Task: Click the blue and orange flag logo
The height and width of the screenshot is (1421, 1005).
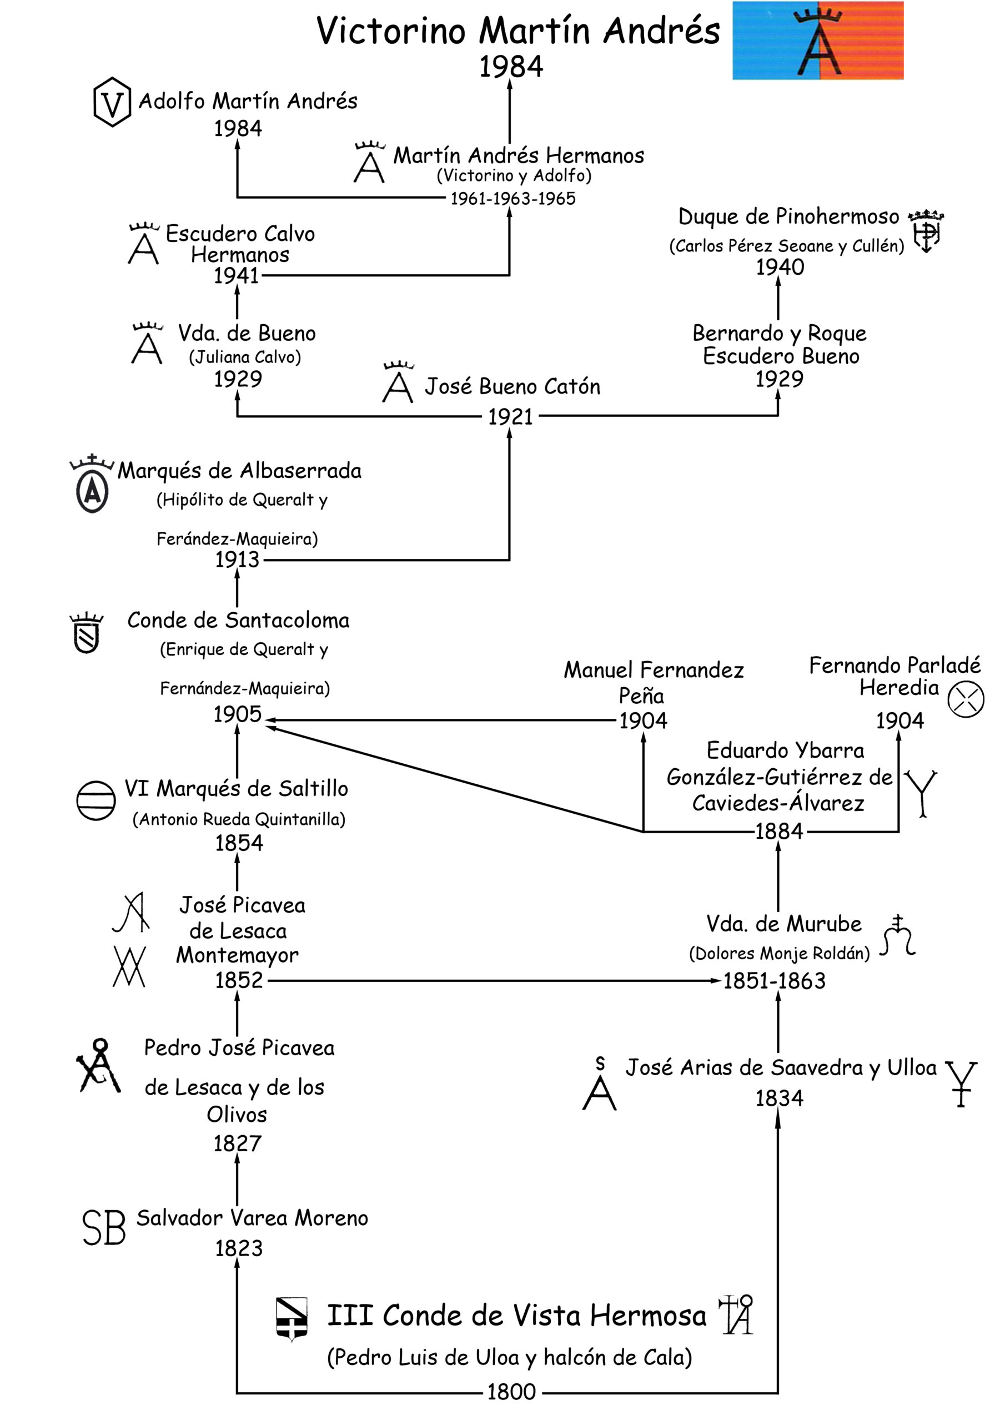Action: coord(817,40)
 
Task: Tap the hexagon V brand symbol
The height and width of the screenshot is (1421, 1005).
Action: coord(112,102)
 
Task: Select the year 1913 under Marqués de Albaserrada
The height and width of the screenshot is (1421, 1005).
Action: coord(237,560)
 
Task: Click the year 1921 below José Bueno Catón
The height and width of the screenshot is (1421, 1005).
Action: coord(510,416)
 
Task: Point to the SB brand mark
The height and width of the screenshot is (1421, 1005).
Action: coord(104,1228)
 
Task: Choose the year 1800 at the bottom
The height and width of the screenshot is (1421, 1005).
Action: coord(511,1392)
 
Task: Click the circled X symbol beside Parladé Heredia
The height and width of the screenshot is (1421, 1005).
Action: coord(966,699)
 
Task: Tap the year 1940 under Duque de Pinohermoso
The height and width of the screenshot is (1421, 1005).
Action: coord(780,268)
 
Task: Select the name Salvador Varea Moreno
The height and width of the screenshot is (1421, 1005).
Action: coord(252,1218)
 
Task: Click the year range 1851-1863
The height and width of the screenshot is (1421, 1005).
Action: coord(774,981)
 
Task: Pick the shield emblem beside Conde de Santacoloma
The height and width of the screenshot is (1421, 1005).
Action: coord(87,633)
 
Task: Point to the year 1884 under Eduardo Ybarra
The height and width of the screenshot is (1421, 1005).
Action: coord(779,831)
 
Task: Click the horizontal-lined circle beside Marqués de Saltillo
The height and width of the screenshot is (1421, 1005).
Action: coord(96,800)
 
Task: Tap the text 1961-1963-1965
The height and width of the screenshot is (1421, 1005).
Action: coord(512,199)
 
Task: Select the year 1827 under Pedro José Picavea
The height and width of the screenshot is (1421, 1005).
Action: coord(237,1143)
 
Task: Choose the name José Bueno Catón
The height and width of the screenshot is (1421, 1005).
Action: coord(512,386)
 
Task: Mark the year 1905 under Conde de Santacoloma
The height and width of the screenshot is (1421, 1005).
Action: coord(237,714)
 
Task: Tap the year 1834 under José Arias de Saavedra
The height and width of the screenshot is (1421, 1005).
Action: coord(779,1098)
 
